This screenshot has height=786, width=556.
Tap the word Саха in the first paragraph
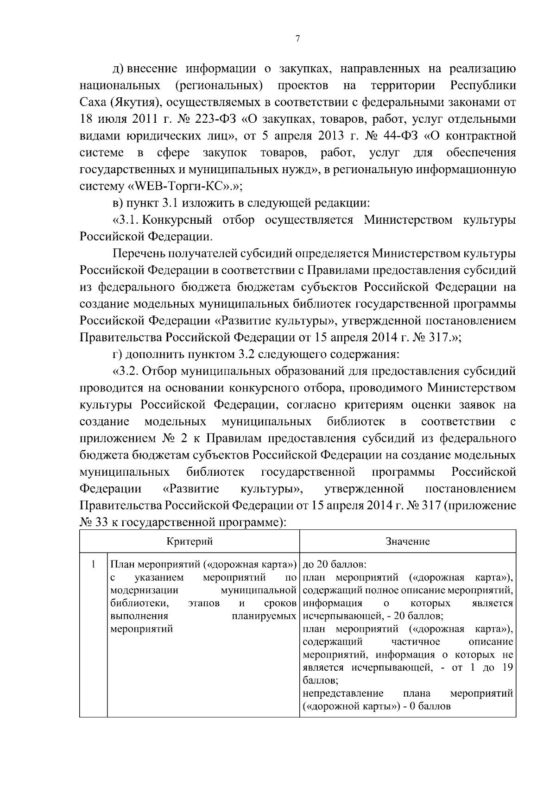(92, 102)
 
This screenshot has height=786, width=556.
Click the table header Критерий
(190, 541)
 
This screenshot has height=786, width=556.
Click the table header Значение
(408, 541)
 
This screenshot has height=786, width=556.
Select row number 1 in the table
(93, 565)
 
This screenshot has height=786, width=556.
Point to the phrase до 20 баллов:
(334, 565)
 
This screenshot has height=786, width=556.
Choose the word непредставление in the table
(343, 693)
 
